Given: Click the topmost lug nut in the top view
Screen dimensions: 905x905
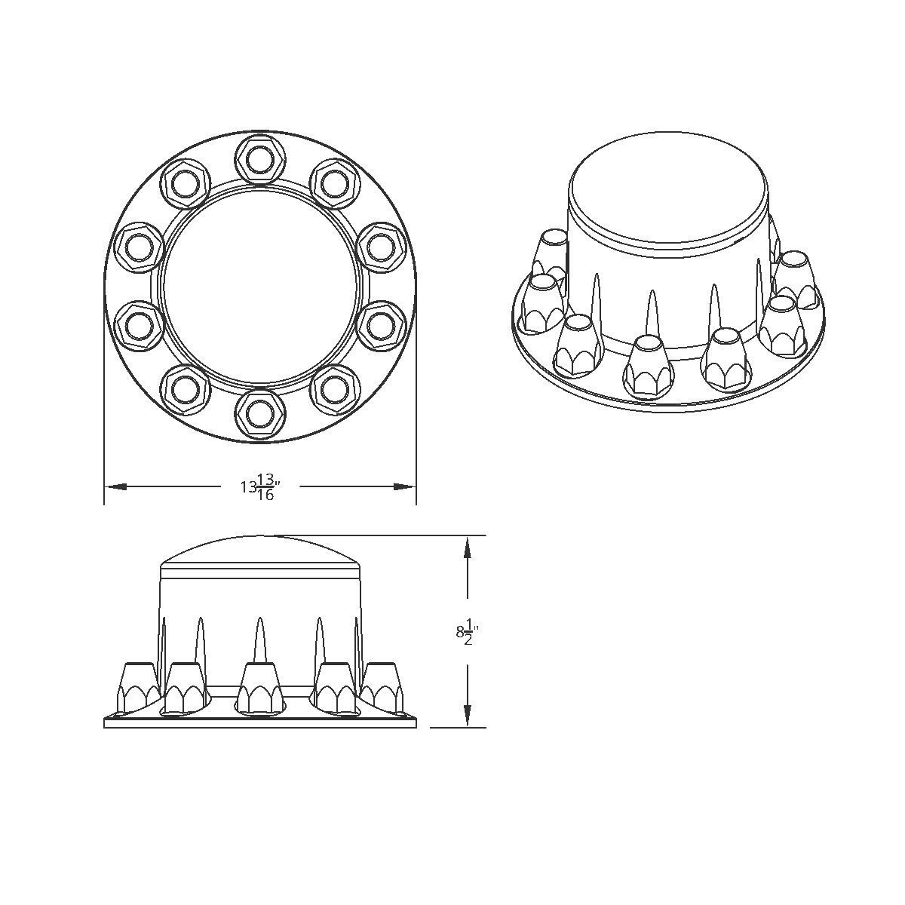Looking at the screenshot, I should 259,158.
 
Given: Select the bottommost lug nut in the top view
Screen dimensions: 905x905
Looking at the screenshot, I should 259,414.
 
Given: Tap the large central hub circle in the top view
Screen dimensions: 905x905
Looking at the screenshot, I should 259,287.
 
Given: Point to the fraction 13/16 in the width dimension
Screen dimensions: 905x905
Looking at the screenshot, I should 265,487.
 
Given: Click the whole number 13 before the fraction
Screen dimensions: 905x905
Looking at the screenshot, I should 248,487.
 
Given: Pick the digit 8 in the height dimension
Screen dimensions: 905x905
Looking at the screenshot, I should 459,632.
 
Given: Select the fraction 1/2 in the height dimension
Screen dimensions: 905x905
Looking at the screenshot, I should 468,632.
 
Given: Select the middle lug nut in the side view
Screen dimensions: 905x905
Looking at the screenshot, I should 259,688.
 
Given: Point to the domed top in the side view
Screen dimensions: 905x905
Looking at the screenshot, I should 259,551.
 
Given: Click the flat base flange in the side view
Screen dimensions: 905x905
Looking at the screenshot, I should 259,722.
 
